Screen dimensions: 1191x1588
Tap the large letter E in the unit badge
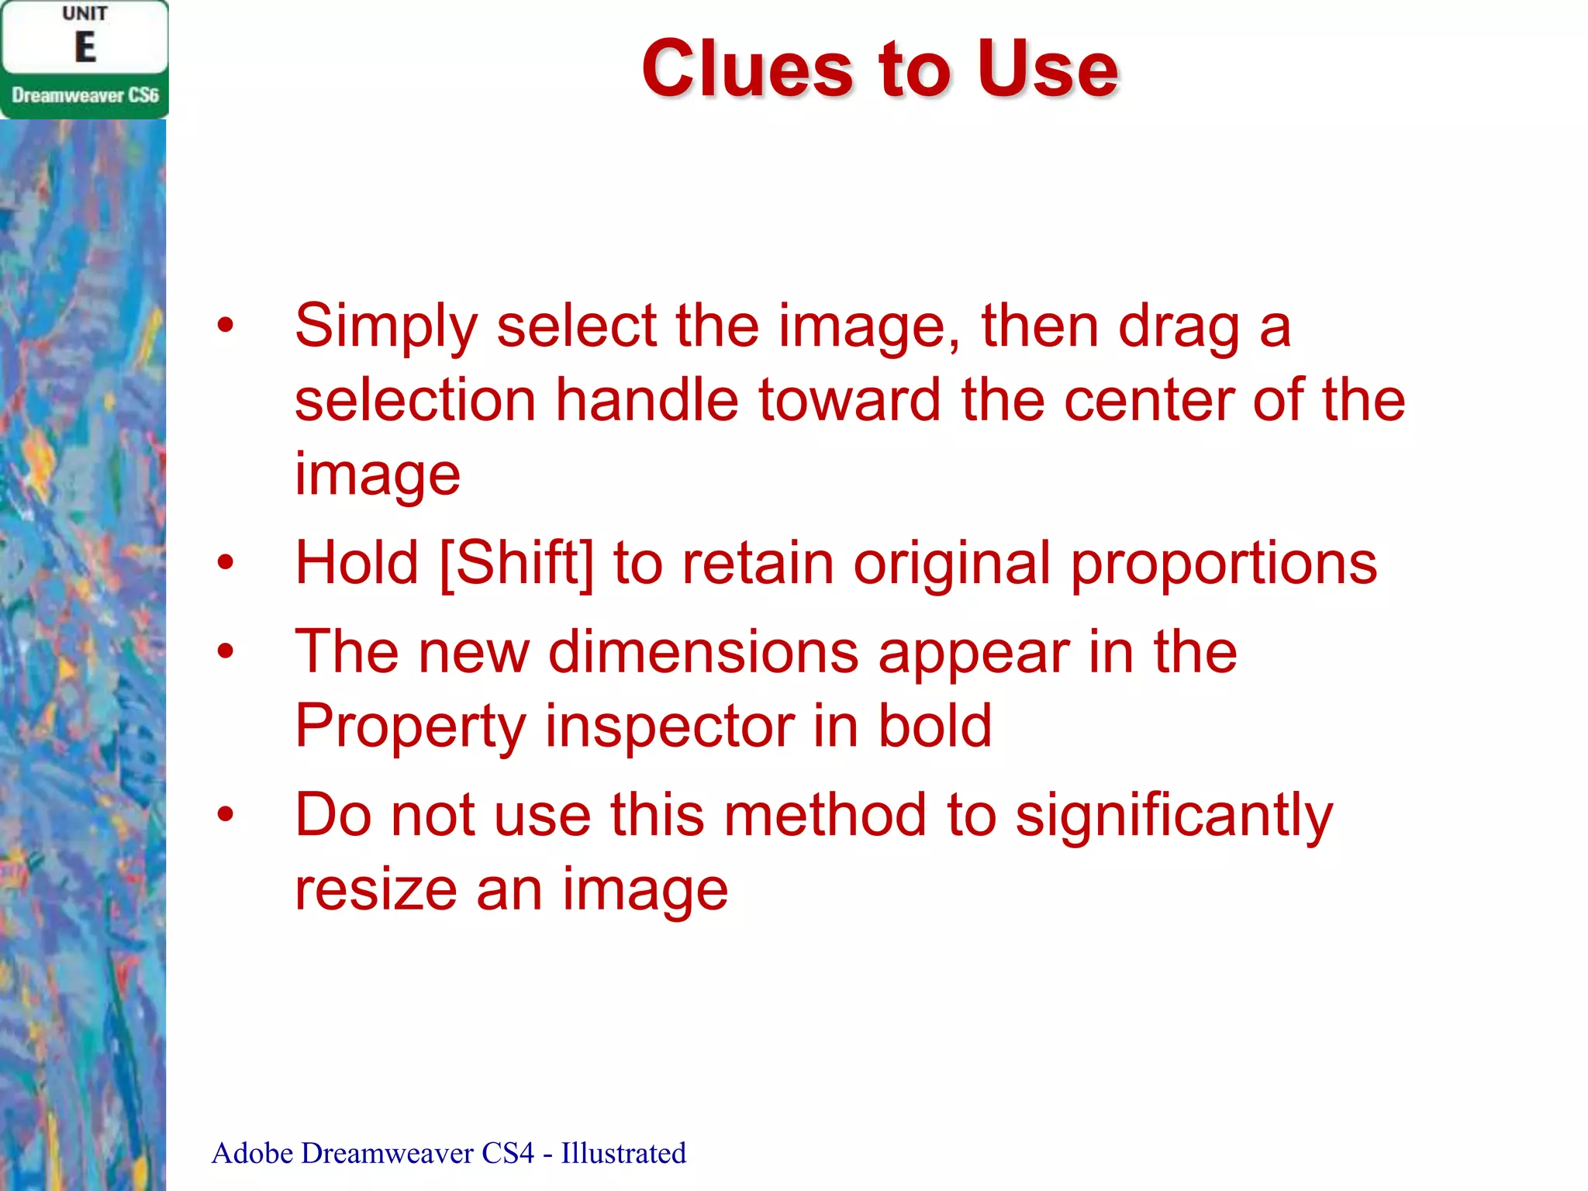85,48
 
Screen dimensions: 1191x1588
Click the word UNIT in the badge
85,14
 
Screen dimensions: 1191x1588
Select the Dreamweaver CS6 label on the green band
85,95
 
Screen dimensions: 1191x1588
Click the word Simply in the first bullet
385,327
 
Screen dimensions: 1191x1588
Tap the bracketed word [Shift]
516,563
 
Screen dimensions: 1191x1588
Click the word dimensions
703,653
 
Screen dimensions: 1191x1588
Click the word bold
934,726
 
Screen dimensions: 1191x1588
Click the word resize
376,890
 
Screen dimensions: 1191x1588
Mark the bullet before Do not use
225,814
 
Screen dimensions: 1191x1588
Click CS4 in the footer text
507,1153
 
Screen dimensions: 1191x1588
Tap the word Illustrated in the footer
623,1153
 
